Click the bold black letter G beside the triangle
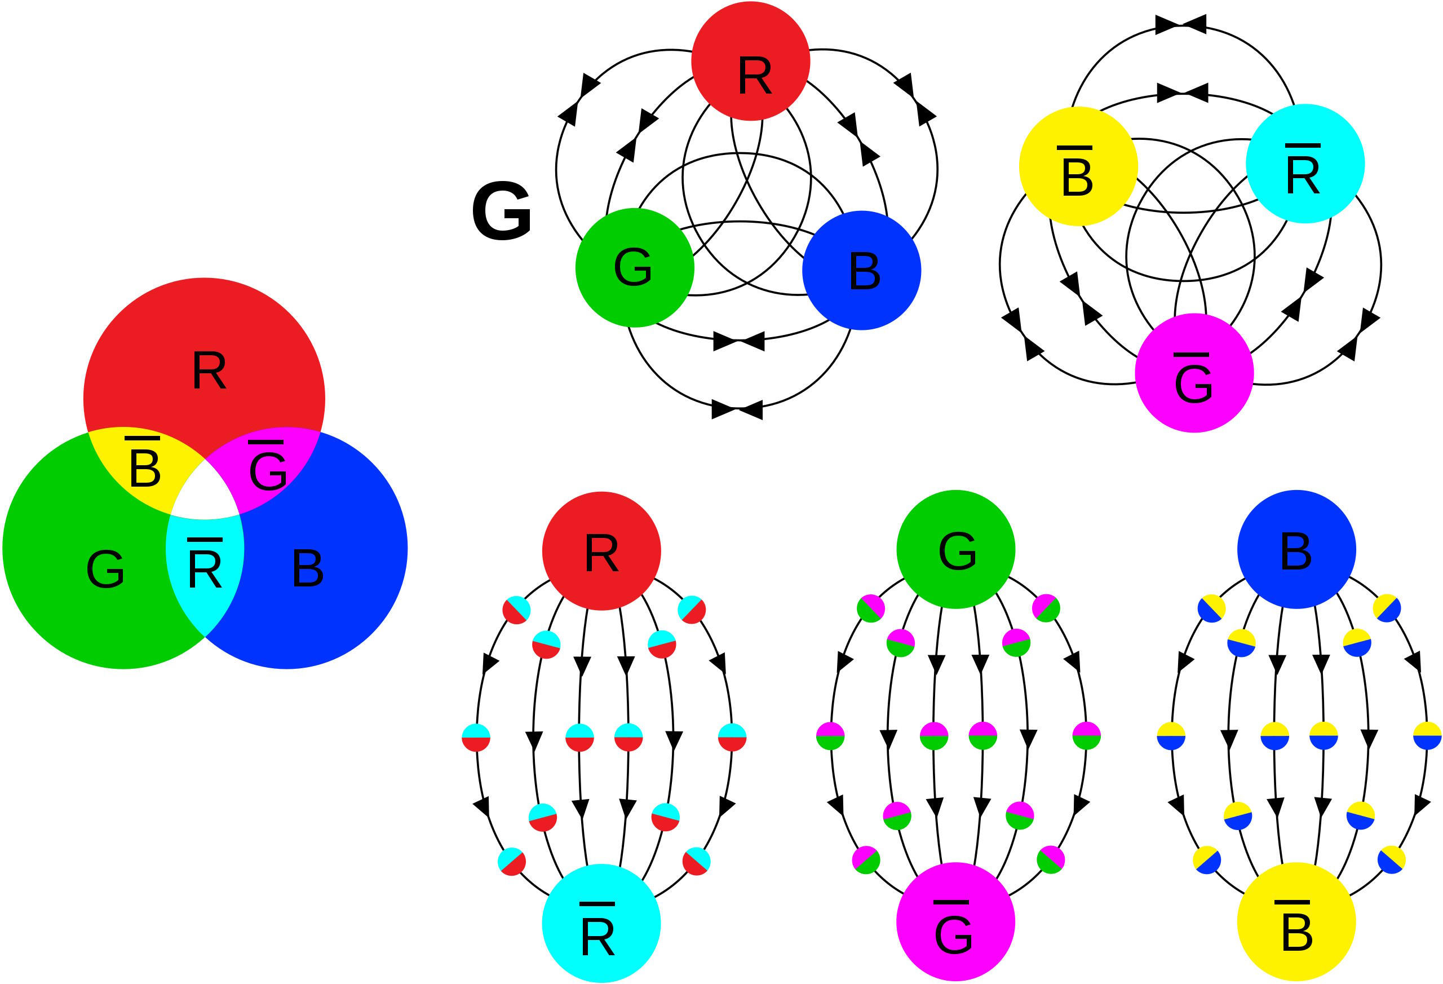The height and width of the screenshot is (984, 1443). pyautogui.click(x=502, y=212)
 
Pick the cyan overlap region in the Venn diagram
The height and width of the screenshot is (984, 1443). pyautogui.click(x=205, y=568)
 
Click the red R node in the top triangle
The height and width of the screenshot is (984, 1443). pyautogui.click(x=751, y=61)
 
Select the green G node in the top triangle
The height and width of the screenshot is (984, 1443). pyautogui.click(x=635, y=268)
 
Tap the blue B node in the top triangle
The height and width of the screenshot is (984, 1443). pyautogui.click(x=862, y=270)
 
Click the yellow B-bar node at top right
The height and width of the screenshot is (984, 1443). pyautogui.click(x=1078, y=166)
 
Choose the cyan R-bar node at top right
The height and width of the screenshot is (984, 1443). pyautogui.click(x=1305, y=164)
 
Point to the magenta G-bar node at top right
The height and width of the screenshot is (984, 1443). pyautogui.click(x=1194, y=373)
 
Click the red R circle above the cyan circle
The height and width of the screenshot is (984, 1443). pyautogui.click(x=601, y=551)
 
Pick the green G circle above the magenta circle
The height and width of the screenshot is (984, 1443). pyautogui.click(x=955, y=549)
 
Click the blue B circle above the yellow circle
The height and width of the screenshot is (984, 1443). pyautogui.click(x=1296, y=549)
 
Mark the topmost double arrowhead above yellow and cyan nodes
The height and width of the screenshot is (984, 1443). pyautogui.click(x=1181, y=24)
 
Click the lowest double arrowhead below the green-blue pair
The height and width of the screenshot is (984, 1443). pyautogui.click(x=737, y=410)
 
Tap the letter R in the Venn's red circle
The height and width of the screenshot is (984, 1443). pyautogui.click(x=209, y=371)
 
